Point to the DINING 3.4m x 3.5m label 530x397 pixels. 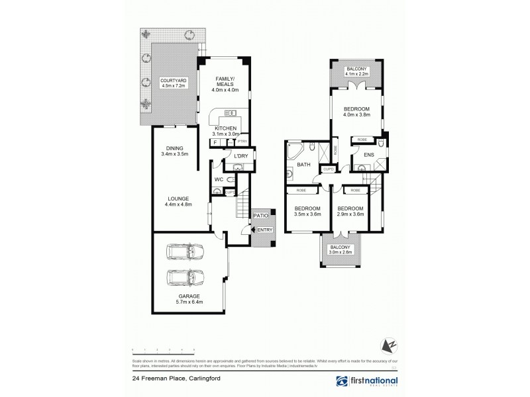(174, 151)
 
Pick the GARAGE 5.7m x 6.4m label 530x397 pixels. (187, 299)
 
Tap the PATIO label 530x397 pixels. (260, 216)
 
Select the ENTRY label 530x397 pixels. (264, 230)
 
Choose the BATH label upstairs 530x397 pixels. (304, 164)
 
